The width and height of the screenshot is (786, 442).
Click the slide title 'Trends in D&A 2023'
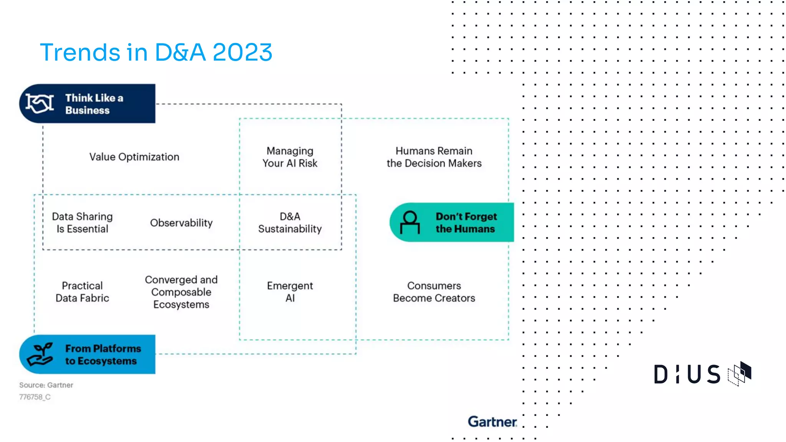click(x=156, y=52)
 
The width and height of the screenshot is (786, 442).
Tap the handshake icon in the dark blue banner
click(x=40, y=104)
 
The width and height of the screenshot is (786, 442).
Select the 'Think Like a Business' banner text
click(x=94, y=104)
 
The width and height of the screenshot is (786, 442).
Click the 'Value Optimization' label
click(x=134, y=157)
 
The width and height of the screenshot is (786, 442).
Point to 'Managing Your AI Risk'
click(x=290, y=157)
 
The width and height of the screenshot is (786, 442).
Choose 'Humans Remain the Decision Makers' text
click(x=434, y=157)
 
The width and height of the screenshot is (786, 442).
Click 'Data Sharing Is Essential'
click(x=83, y=223)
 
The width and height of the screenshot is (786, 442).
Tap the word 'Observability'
click(x=181, y=223)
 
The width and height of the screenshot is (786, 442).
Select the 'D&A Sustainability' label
click(x=290, y=223)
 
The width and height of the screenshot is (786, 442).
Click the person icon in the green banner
click(x=410, y=223)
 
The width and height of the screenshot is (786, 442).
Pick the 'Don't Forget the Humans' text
click(x=466, y=223)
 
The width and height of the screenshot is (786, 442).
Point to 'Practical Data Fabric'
click(x=83, y=292)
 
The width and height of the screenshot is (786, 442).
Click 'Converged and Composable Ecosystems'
click(x=181, y=292)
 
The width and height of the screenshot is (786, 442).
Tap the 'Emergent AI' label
click(x=290, y=292)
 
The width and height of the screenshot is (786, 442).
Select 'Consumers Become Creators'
click(x=434, y=292)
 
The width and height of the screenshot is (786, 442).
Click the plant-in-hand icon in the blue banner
click(x=40, y=354)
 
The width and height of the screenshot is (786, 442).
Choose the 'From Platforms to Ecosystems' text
click(x=103, y=355)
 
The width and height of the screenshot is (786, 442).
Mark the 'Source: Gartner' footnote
click(x=46, y=385)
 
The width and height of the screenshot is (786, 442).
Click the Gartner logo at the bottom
click(x=492, y=422)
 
